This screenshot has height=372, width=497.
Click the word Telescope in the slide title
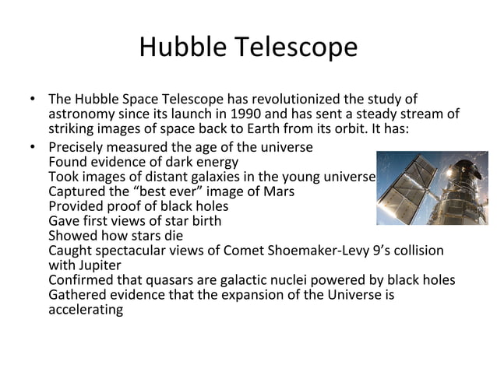(x=298, y=48)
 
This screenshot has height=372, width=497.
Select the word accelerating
(x=85, y=310)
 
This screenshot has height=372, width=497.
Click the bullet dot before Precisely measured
(x=30, y=147)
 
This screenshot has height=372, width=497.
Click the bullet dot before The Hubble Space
(x=30, y=100)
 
